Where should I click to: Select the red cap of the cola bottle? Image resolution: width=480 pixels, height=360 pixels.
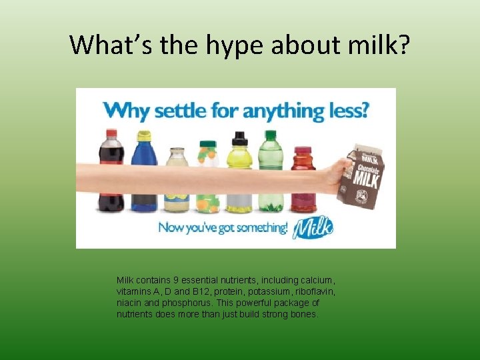(111, 133)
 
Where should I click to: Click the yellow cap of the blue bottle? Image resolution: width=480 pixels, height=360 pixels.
(144, 135)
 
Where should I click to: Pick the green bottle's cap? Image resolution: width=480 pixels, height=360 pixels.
(271, 135)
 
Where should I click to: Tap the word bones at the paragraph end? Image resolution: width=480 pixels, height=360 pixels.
(303, 313)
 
